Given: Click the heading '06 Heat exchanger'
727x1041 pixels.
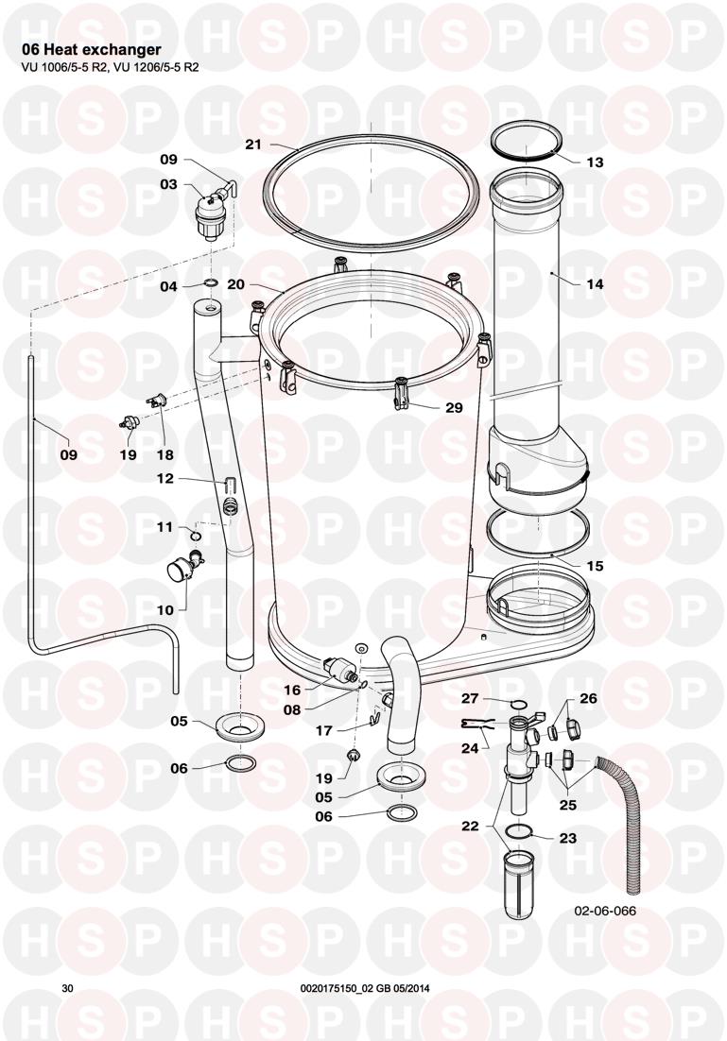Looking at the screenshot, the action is click(x=92, y=50).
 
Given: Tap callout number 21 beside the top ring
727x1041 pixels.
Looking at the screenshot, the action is click(x=254, y=145).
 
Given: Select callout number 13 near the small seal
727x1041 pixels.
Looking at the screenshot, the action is click(x=595, y=162).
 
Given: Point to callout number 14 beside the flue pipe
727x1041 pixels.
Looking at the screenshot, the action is click(x=595, y=284).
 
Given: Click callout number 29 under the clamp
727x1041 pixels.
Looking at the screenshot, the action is click(x=454, y=408).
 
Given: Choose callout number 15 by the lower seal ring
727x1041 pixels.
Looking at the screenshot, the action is click(x=595, y=566).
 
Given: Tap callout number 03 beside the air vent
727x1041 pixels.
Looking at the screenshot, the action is click(x=169, y=184).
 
